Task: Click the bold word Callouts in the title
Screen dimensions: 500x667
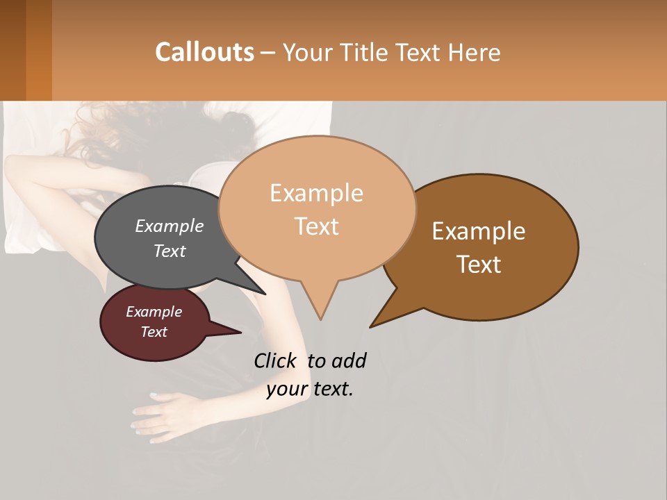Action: pyautogui.click(x=204, y=52)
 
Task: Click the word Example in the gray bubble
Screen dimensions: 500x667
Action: pyautogui.click(x=170, y=226)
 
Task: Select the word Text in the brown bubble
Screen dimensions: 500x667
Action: pyautogui.click(x=479, y=265)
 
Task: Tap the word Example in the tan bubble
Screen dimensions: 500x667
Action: pyautogui.click(x=316, y=193)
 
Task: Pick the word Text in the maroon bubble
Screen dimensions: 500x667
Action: pyautogui.click(x=154, y=332)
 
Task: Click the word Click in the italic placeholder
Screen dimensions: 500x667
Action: pyautogui.click(x=274, y=360)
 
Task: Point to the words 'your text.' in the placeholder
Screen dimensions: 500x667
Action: pyautogui.click(x=310, y=389)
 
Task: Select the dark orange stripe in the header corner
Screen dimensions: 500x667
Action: pyautogui.click(x=39, y=50)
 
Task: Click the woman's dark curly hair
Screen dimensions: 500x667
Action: pyautogui.click(x=208, y=132)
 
